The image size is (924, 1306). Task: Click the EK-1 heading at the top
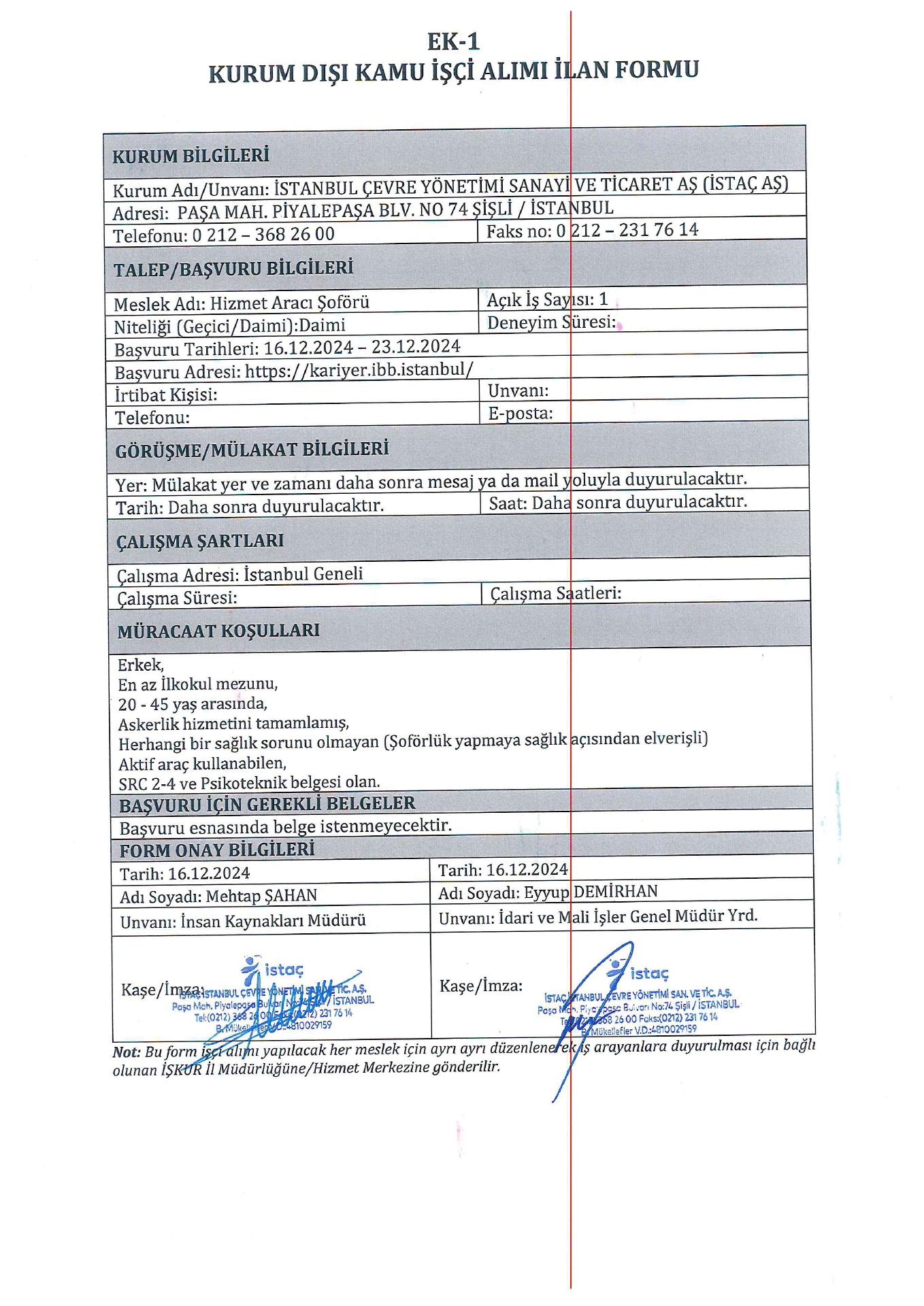click(453, 42)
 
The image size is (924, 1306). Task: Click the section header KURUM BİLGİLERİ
click(191, 156)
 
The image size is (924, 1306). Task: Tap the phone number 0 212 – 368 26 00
click(263, 235)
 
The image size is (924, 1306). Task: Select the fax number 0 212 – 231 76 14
click(627, 230)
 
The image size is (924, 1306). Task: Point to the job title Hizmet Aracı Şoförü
click(289, 303)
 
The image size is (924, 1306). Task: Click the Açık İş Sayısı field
click(547, 299)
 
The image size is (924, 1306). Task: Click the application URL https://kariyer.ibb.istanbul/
click(359, 370)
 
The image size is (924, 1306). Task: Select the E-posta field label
click(520, 413)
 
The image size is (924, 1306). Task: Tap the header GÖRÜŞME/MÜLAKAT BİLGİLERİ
click(252, 450)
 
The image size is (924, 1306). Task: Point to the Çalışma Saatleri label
click(555, 593)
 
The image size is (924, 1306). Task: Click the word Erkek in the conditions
click(140, 665)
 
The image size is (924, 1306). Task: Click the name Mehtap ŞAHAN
click(261, 896)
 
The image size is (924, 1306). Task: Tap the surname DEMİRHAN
click(616, 891)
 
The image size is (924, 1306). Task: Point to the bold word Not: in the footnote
click(127, 1052)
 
